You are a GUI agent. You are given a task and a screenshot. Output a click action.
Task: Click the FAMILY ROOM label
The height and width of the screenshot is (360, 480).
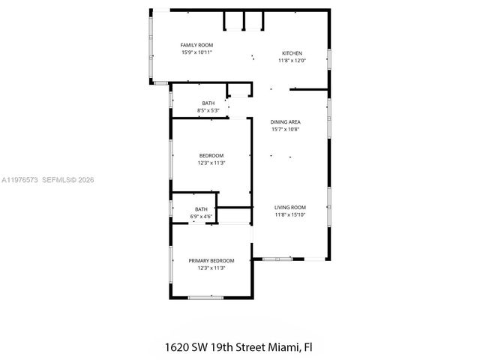[x=197, y=45]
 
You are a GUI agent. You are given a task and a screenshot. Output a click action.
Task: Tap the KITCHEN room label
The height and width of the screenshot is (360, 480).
[x=292, y=53]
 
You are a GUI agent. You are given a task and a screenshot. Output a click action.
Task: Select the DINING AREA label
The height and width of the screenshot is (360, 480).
[x=285, y=121]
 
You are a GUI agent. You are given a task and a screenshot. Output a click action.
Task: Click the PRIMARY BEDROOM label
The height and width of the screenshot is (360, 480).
[x=211, y=260]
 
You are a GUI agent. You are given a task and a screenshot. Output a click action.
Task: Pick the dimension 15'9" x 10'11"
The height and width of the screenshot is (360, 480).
[x=197, y=52]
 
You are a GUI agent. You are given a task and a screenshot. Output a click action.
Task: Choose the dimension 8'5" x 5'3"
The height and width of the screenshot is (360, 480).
[x=208, y=110]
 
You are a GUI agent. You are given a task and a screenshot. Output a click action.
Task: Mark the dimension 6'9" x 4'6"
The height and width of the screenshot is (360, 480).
[x=202, y=217]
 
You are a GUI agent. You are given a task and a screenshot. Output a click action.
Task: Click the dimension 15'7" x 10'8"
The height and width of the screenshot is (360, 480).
[x=285, y=128]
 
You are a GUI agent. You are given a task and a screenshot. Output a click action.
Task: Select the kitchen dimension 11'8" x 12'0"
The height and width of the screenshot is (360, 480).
[x=292, y=61]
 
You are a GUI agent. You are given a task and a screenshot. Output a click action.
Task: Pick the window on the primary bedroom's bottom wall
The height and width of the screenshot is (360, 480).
[x=205, y=298]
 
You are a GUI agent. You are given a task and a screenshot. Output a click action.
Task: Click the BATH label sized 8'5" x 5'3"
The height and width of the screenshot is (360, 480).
[x=208, y=103]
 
